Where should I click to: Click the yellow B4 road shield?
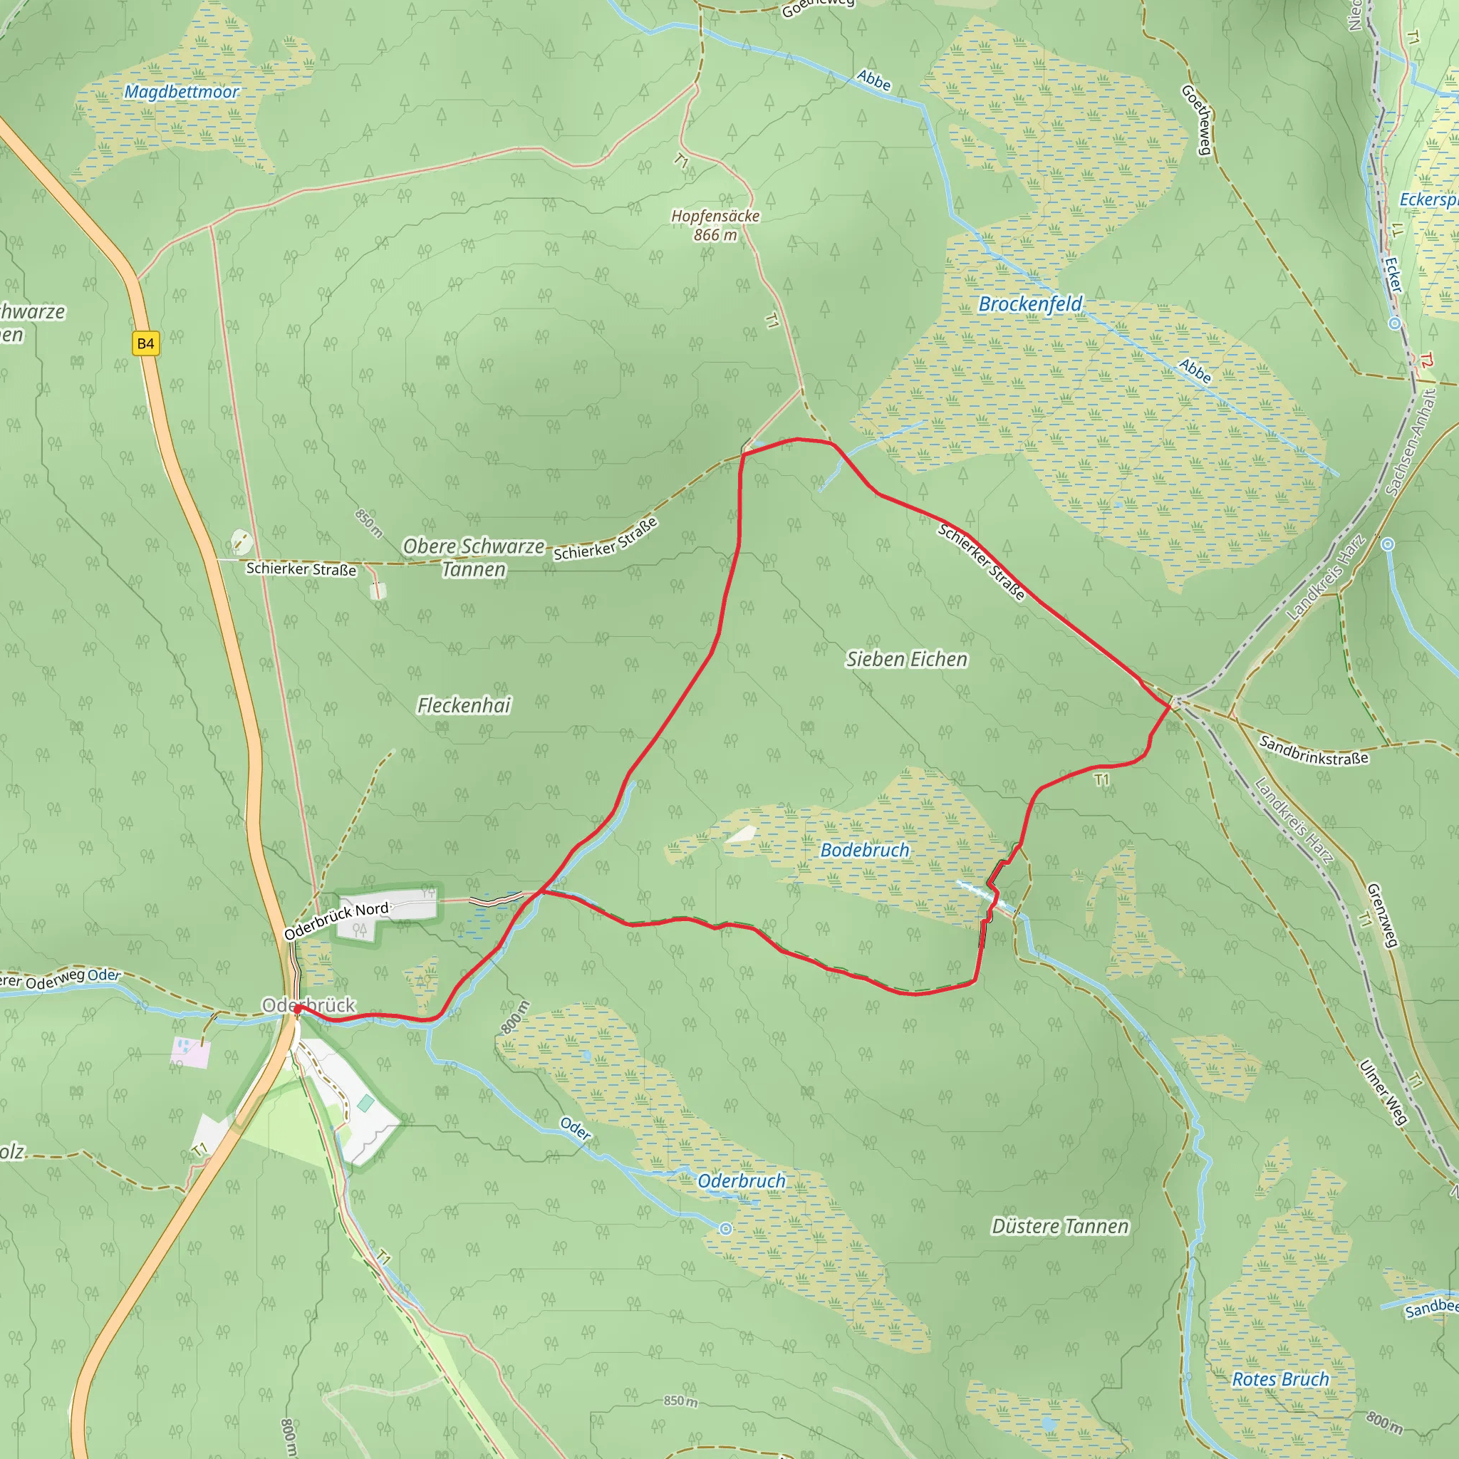(145, 343)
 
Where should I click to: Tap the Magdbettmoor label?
(181, 92)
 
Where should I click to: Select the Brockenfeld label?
(1030, 303)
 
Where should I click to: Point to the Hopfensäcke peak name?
(715, 216)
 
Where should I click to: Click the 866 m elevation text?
(715, 235)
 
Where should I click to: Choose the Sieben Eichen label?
(906, 659)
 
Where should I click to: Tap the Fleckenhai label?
(464, 705)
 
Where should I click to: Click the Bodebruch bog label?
(865, 851)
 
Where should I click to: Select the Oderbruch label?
(742, 1181)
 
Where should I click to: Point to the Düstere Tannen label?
(1059, 1227)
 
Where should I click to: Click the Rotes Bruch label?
(1280, 1380)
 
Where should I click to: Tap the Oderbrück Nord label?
(337, 920)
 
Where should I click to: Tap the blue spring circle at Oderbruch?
(726, 1229)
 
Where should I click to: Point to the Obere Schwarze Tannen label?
(474, 557)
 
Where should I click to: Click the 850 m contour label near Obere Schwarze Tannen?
(368, 523)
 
